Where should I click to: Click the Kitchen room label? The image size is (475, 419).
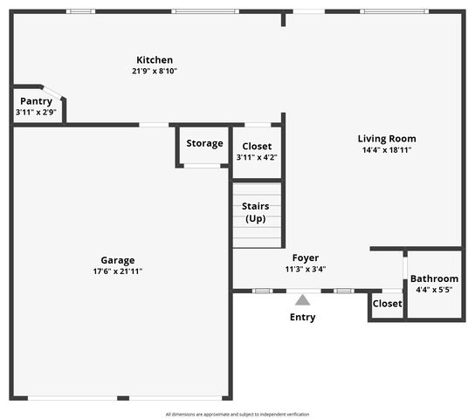[155, 60]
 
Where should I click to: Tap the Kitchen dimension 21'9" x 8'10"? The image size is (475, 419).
[155, 71]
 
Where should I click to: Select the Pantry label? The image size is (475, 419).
[37, 101]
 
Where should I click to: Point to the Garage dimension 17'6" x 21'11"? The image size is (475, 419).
[118, 271]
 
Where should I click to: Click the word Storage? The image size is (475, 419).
[205, 143]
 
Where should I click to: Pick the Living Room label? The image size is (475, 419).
[387, 139]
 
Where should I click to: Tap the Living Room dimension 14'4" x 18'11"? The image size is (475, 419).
[387, 150]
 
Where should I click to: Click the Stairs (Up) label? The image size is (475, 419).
[255, 212]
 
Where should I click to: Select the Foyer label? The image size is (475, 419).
[306, 258]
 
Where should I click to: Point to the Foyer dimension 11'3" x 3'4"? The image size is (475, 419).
[306, 269]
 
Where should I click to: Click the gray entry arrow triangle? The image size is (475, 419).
[302, 300]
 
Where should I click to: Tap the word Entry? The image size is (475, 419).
[303, 317]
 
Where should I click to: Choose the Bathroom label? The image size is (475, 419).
[434, 278]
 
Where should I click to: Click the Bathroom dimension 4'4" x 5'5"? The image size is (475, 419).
[434, 290]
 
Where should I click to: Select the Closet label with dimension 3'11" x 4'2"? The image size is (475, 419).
[257, 147]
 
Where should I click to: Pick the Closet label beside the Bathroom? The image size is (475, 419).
[388, 304]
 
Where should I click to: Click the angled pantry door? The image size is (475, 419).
[52, 92]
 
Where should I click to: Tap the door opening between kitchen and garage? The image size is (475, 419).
[154, 125]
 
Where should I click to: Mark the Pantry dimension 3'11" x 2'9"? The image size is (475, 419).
[36, 113]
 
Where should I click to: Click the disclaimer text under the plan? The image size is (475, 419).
[237, 414]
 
